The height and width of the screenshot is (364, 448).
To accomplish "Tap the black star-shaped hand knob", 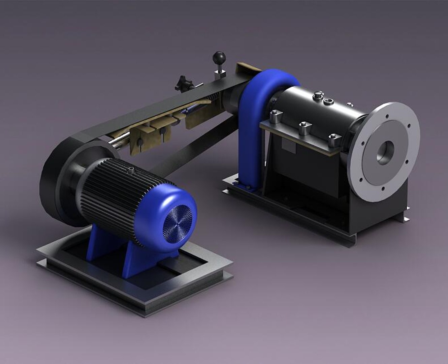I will (182, 83).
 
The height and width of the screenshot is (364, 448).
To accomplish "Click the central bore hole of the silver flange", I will (385, 152).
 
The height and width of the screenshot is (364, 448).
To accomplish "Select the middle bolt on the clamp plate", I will (305, 128).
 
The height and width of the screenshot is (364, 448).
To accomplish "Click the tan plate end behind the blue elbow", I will (248, 67).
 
